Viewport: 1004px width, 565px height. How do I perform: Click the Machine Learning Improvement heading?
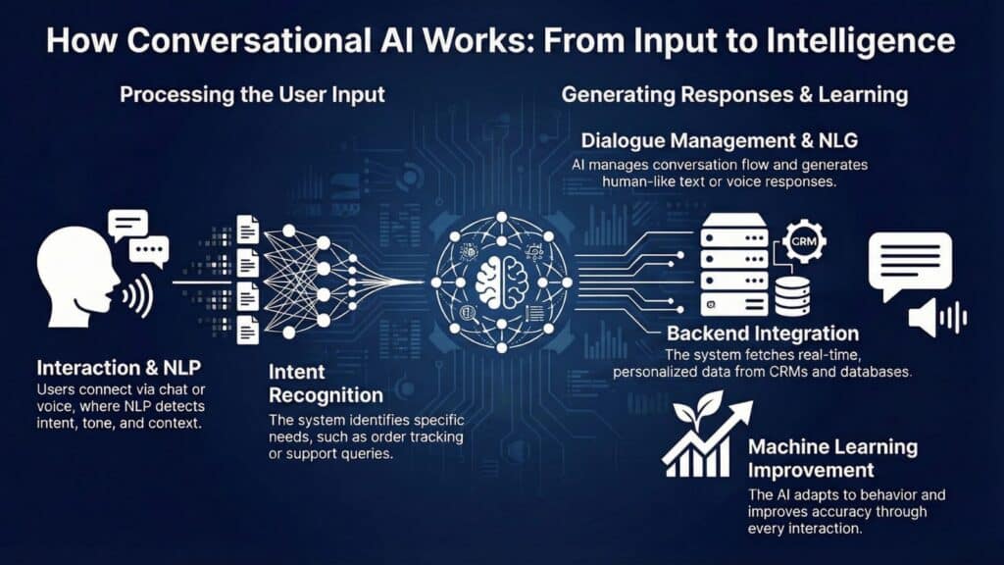[832, 457]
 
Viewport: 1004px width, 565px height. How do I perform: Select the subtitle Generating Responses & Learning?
[734, 96]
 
